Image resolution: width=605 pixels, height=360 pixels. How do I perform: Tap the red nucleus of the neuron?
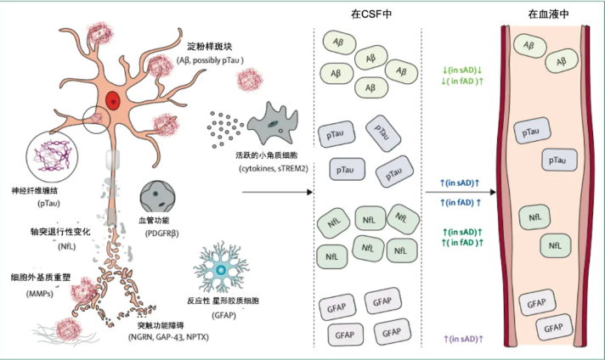click(112, 102)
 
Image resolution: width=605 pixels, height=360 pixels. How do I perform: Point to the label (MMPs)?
click(32, 294)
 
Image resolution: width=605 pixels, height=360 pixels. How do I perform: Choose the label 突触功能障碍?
click(161, 324)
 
